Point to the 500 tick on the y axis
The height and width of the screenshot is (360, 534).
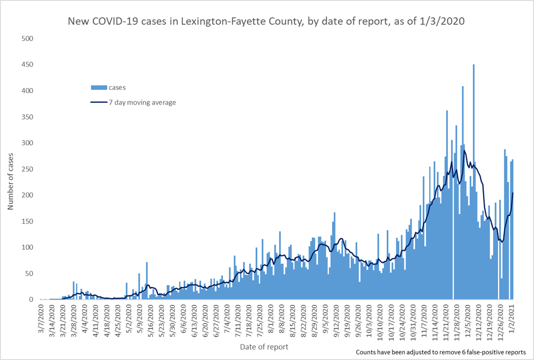point(27,39)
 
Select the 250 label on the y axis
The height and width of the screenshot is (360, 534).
point(27,169)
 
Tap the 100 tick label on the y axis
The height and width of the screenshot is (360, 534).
point(27,248)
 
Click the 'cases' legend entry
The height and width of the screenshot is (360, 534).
point(117,87)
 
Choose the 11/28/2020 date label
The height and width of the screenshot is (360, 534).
point(455,318)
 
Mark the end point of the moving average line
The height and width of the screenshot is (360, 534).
point(513,193)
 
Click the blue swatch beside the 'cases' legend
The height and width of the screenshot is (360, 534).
point(99,87)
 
